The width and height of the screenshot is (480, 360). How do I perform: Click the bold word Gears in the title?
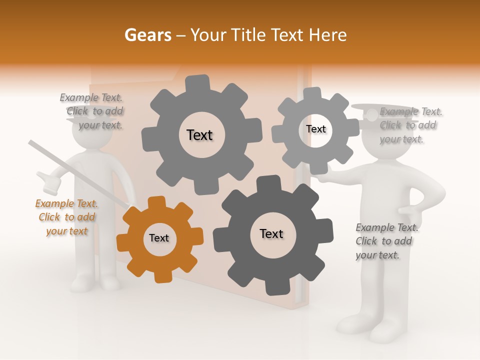tap(148, 35)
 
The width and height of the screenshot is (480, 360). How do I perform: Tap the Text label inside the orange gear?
tap(159, 238)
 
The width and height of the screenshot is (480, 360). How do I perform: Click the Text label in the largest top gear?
tap(199, 135)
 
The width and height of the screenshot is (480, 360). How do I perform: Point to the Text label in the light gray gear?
tap(316, 129)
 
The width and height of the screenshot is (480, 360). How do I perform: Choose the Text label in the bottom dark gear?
tap(271, 233)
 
